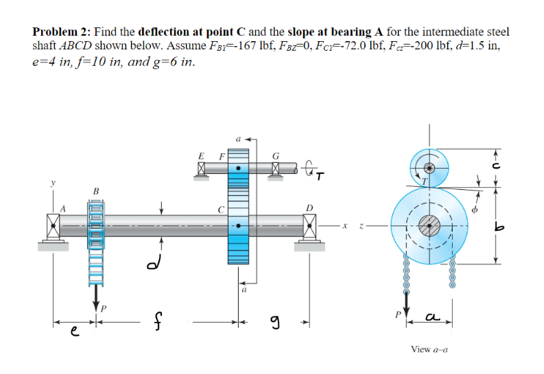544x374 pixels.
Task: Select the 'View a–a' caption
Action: [x=429, y=349]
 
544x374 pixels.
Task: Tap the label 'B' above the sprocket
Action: [x=96, y=190]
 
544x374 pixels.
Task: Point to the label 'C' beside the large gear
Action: [x=221, y=210]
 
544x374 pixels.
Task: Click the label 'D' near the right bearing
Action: [x=309, y=208]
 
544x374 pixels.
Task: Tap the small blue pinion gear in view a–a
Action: [x=429, y=166]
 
